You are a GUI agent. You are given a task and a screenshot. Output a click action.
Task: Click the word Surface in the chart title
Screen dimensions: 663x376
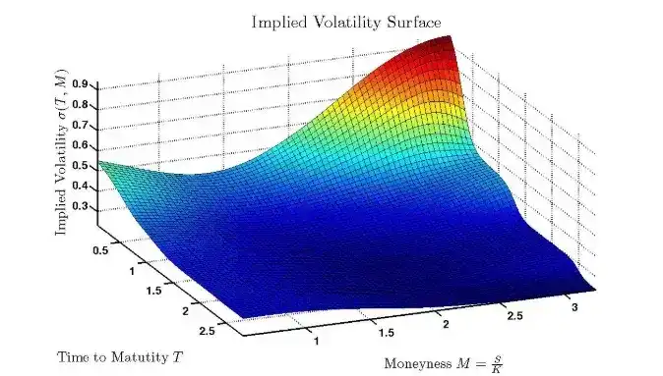pyautogui.click(x=414, y=22)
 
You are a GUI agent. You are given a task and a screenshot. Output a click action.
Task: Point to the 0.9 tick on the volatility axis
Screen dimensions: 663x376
pyautogui.click(x=81, y=84)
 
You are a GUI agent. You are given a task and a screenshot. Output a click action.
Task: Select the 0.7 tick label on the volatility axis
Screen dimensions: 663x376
pyautogui.click(x=81, y=125)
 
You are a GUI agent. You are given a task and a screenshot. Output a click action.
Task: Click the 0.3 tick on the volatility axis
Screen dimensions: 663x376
pyautogui.click(x=81, y=206)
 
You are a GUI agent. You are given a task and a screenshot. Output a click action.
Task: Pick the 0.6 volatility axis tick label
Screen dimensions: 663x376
pyautogui.click(x=81, y=145)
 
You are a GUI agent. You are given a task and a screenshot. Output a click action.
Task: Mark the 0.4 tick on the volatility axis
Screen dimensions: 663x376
pyautogui.click(x=81, y=187)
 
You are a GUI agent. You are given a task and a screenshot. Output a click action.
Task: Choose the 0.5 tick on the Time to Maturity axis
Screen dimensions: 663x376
pyautogui.click(x=100, y=250)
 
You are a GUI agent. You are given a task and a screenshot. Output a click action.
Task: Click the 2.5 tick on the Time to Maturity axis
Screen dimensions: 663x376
pyautogui.click(x=207, y=331)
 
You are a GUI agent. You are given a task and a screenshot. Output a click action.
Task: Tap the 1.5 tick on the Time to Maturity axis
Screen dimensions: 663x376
pyautogui.click(x=153, y=291)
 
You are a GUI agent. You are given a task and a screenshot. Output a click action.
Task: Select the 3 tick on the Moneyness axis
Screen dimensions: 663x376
pyautogui.click(x=574, y=307)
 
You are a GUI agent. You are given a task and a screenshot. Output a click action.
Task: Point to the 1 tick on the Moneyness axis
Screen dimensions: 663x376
pyautogui.click(x=316, y=341)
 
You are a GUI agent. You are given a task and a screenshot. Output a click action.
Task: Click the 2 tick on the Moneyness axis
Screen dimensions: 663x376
pyautogui.click(x=446, y=324)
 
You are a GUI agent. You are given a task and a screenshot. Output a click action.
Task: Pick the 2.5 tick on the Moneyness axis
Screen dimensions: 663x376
pyautogui.click(x=514, y=316)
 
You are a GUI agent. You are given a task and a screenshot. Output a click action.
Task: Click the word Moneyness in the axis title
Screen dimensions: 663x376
pyautogui.click(x=418, y=364)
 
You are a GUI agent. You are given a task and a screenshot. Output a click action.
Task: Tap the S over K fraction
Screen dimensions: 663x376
pyautogui.click(x=497, y=364)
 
